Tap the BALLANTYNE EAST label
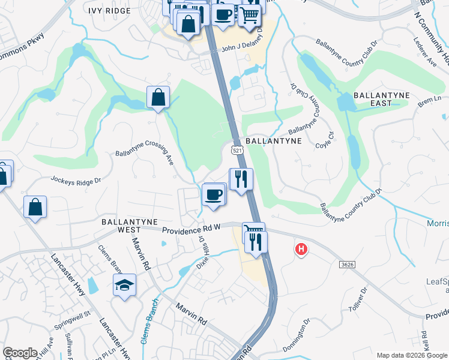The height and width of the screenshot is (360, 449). coord(381,99)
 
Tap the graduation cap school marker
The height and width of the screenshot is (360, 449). coord(125,286)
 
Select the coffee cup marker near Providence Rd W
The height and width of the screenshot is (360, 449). coord(214,194)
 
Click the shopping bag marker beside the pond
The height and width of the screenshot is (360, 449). coord(158,97)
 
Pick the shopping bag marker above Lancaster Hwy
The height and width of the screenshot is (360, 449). coord(35,207)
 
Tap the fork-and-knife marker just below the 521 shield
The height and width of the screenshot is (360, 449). coord(241,178)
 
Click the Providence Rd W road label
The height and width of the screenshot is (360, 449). coord(190,230)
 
